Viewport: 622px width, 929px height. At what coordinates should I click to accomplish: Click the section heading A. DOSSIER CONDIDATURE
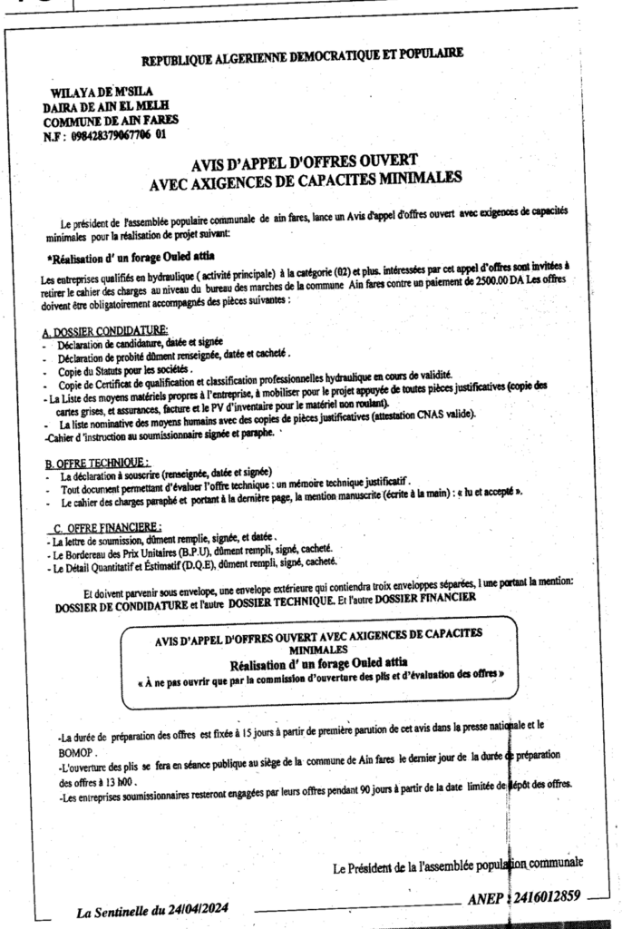click(x=105, y=331)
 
